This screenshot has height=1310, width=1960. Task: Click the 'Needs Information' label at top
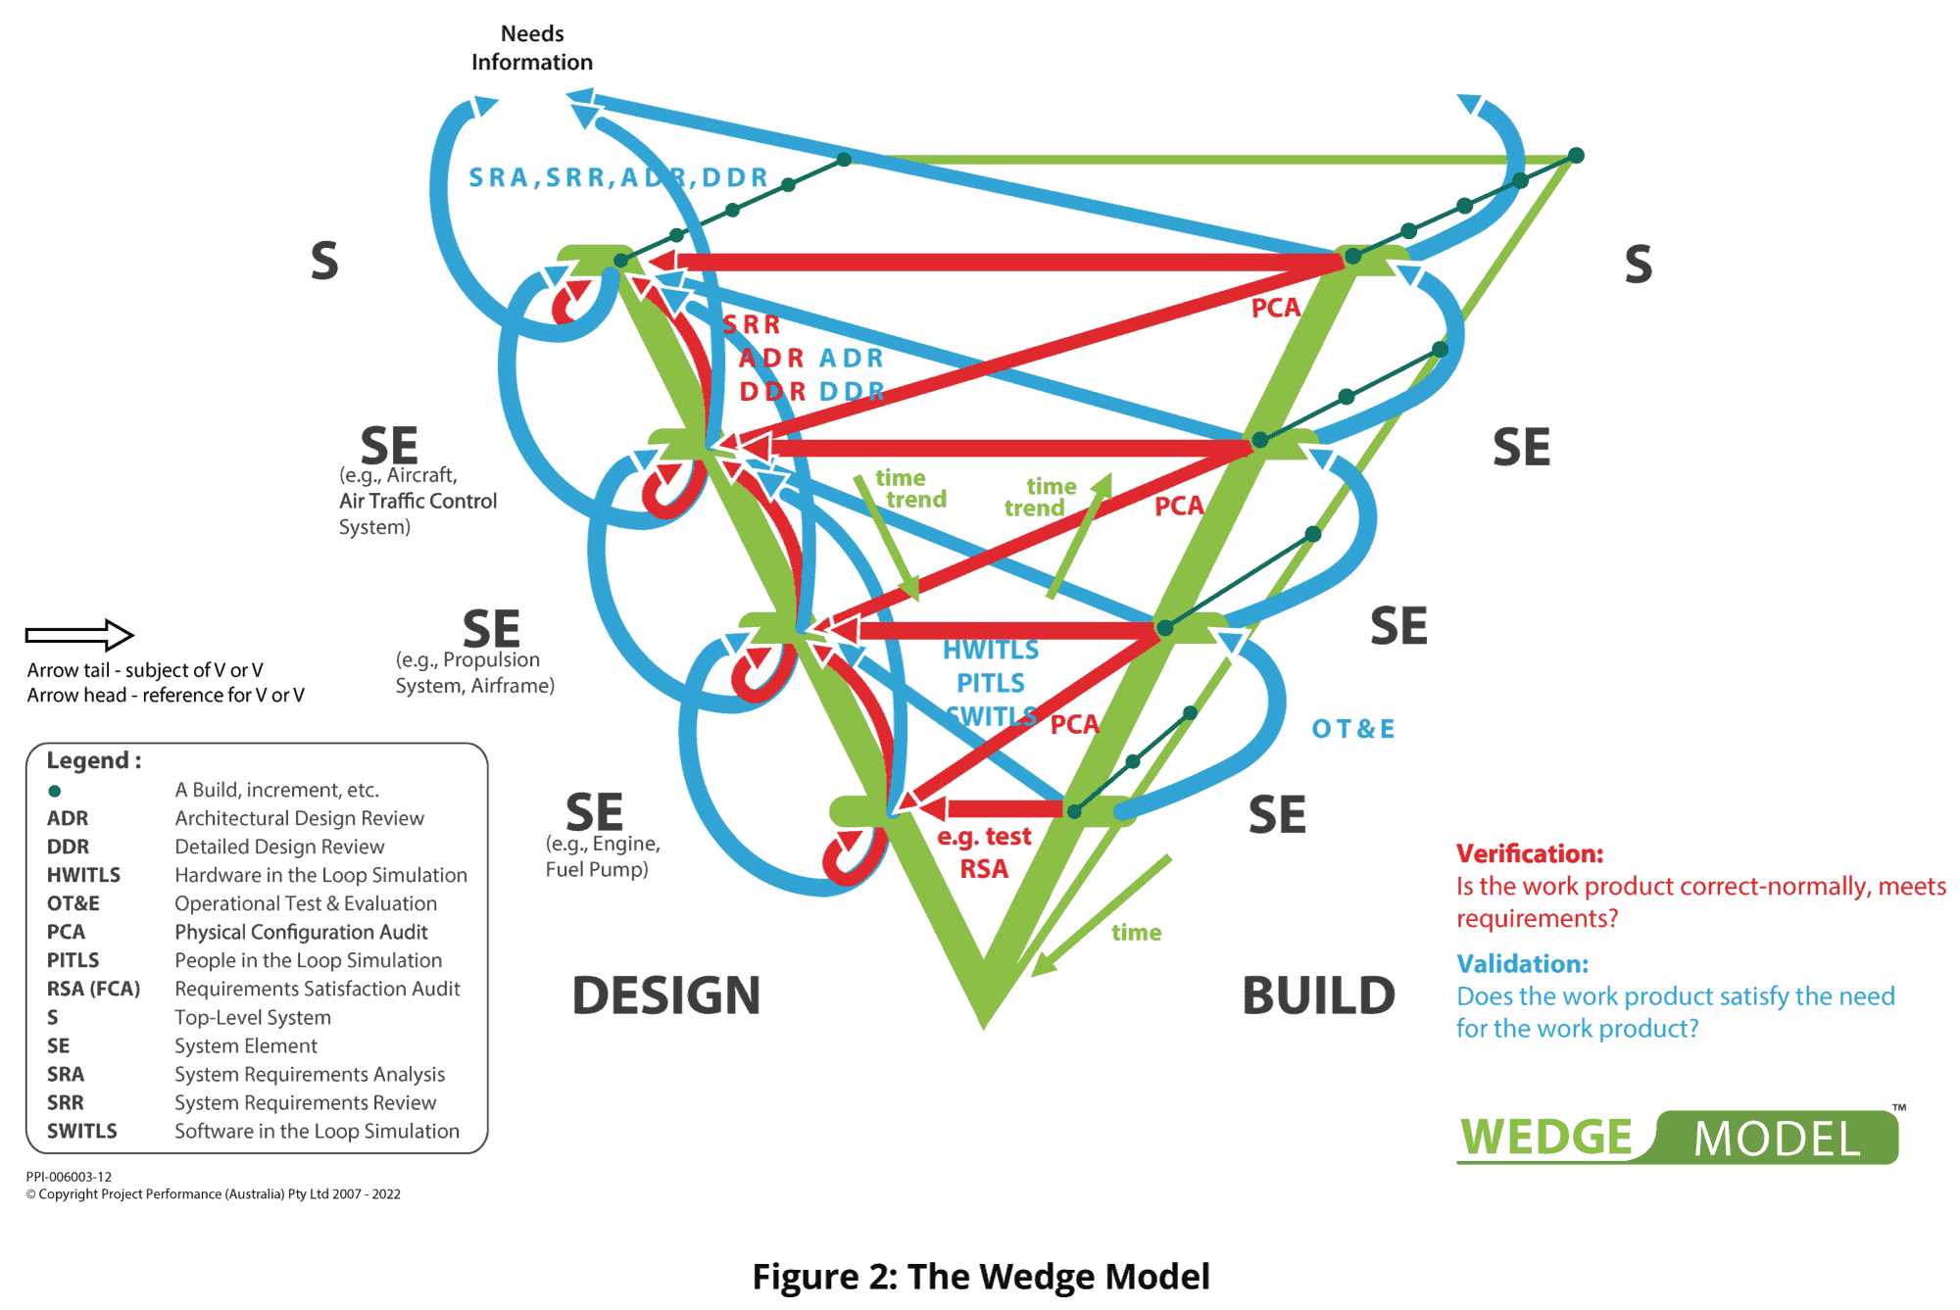532,48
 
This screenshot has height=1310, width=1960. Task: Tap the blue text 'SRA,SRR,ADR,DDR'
618,177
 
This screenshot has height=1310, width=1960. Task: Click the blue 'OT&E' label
1352,729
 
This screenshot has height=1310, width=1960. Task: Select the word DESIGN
666,995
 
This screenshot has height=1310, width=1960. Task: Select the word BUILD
1318,995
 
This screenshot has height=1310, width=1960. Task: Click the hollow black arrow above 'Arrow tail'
79,635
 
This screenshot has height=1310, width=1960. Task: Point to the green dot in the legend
55,791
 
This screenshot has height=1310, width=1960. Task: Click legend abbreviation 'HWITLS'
83,875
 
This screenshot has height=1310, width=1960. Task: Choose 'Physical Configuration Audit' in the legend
301,932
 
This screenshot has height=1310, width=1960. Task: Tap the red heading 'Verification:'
1529,853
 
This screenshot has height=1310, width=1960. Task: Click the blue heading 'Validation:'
1522,963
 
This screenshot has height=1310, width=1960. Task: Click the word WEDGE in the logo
1545,1138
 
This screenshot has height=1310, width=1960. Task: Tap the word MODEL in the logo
1777,1140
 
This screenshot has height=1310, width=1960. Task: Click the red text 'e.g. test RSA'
984,852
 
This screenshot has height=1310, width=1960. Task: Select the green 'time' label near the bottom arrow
1136,932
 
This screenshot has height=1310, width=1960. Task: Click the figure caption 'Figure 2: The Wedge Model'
980,1276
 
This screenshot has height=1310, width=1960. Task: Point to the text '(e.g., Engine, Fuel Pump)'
602,856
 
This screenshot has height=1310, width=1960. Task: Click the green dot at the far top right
1576,156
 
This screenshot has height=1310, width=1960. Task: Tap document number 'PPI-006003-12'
69,1177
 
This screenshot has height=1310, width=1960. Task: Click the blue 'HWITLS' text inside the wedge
990,650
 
